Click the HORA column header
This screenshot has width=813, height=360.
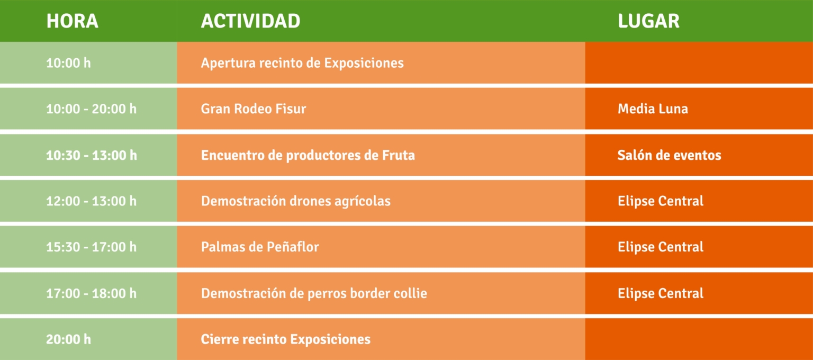coord(72,21)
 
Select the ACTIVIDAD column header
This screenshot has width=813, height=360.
coord(250,21)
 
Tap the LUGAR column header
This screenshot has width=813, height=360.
coord(648,21)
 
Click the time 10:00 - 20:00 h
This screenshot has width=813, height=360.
coord(91,109)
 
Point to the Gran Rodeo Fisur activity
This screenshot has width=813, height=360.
coord(254,109)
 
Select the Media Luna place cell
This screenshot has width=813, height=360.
coord(653,109)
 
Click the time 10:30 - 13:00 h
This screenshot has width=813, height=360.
coord(92,155)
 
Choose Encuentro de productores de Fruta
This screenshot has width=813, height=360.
coord(308,155)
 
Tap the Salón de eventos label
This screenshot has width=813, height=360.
coord(669,155)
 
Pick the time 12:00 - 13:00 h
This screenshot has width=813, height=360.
coord(91,201)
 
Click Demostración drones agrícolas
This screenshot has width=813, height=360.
coord(296,201)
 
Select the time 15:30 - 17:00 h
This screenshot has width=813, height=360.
coord(91,247)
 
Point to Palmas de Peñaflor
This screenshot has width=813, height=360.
coord(260,247)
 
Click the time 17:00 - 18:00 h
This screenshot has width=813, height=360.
coord(91,293)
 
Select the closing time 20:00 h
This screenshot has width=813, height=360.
coord(68,339)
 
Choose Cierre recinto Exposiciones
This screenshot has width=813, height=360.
coord(286,339)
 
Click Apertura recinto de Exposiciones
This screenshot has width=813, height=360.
coord(302,63)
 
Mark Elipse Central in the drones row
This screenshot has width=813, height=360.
coord(661,201)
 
